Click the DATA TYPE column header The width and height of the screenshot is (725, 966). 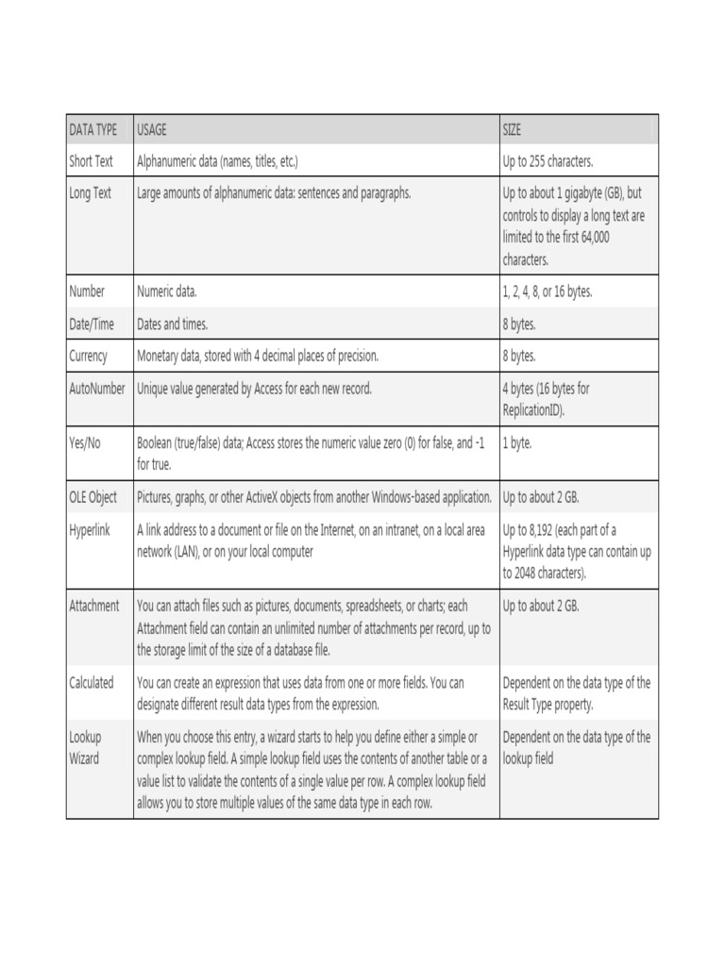pyautogui.click(x=93, y=129)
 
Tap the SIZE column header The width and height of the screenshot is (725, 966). pyautogui.click(x=512, y=129)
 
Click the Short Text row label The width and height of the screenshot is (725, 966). pyautogui.click(x=91, y=161)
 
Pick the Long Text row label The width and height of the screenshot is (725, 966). pyautogui.click(x=90, y=193)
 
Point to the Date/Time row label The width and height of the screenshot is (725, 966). pyautogui.click(x=92, y=324)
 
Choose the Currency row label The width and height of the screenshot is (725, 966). pyautogui.click(x=89, y=356)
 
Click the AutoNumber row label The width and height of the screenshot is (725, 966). pyautogui.click(x=97, y=388)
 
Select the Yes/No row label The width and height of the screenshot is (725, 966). pyautogui.click(x=85, y=442)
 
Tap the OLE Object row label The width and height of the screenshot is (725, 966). pyautogui.click(x=93, y=497)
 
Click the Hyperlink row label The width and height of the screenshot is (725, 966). pyautogui.click(x=90, y=529)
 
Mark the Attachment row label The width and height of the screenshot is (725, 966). pyautogui.click(x=94, y=606)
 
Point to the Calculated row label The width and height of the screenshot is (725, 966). pyautogui.click(x=92, y=682)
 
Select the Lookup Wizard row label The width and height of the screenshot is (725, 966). pyautogui.click(x=85, y=747)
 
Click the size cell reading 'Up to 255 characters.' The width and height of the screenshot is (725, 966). pyautogui.click(x=548, y=161)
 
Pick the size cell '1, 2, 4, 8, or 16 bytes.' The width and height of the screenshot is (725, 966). pyautogui.click(x=548, y=291)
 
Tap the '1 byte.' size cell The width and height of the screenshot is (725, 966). pyautogui.click(x=517, y=442)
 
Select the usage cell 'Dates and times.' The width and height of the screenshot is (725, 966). pyautogui.click(x=172, y=324)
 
